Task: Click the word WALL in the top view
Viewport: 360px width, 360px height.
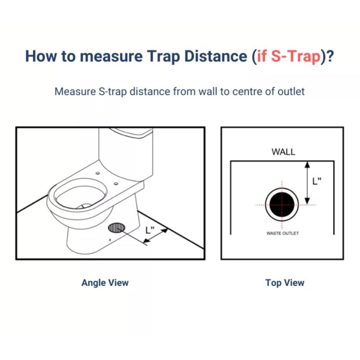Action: click(283, 152)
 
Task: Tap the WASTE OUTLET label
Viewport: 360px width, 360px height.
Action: click(283, 233)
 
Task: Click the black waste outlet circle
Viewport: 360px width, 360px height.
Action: click(282, 204)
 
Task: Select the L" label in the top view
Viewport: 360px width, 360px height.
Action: click(317, 181)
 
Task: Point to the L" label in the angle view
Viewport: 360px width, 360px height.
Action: click(150, 230)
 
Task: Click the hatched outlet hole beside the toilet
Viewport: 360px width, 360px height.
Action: click(117, 228)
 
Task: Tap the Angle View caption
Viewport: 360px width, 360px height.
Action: click(105, 283)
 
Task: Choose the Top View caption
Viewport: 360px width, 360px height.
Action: click(285, 283)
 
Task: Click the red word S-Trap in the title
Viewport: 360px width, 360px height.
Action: click(296, 57)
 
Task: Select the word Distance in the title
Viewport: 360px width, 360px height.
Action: click(216, 56)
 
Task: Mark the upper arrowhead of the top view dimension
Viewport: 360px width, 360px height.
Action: click(308, 165)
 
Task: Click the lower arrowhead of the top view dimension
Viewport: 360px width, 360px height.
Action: click(308, 201)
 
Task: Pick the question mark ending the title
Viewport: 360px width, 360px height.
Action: click(330, 57)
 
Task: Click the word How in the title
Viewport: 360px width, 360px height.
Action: click(41, 56)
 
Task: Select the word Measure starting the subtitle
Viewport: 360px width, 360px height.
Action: click(75, 91)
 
